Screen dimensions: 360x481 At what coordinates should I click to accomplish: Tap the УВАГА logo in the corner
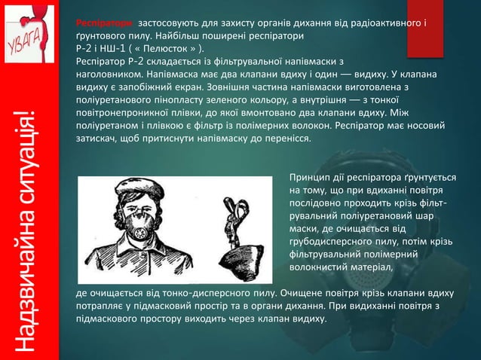point(30,34)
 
